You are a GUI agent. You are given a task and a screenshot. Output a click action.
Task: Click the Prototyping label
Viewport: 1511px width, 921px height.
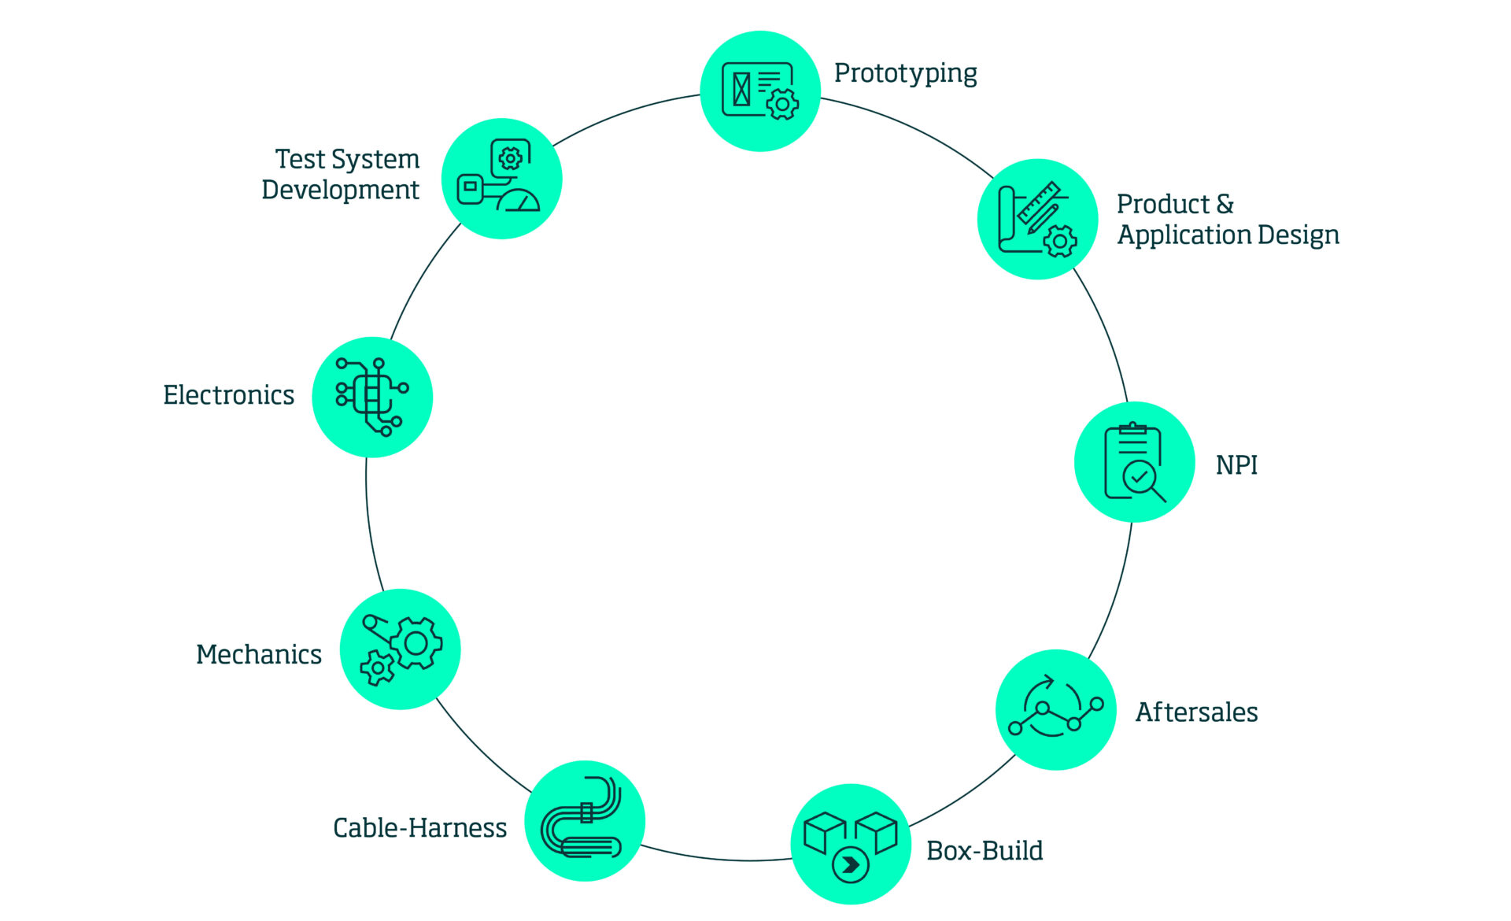point(905,73)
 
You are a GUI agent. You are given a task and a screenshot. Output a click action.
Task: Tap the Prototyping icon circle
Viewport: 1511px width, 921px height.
point(760,91)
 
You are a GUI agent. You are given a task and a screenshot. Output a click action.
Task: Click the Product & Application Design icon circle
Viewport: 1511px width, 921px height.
point(1037,219)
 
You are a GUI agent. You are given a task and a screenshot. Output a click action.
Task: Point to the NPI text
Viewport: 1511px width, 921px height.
point(1236,465)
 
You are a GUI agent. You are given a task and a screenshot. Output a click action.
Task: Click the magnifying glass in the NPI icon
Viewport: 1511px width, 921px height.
point(1143,480)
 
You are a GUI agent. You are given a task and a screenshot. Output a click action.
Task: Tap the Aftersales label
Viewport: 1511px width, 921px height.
point(1196,712)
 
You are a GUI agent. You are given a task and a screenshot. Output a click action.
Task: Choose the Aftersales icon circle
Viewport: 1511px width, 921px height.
point(1056,709)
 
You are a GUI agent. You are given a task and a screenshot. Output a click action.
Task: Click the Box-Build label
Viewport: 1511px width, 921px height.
point(985,851)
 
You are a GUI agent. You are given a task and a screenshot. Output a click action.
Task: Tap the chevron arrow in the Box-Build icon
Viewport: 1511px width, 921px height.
point(851,865)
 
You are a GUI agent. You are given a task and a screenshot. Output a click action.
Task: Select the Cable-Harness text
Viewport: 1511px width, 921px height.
point(419,828)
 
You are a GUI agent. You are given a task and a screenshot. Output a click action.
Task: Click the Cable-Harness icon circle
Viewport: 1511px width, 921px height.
point(585,820)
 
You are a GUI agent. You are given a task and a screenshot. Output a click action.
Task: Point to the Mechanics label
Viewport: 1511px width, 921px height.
point(259,655)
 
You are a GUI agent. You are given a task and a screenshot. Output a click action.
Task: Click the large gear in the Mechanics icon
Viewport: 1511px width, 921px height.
point(416,644)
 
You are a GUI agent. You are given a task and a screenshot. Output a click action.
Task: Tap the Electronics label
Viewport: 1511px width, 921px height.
point(228,395)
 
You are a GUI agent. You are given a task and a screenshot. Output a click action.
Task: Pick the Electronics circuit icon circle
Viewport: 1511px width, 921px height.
point(372,397)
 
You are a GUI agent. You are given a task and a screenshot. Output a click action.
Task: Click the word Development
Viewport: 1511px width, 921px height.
point(340,190)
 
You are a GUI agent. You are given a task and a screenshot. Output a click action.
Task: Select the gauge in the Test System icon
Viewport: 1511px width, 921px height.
point(519,200)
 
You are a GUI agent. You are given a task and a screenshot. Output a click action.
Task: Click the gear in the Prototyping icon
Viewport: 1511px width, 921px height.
point(782,104)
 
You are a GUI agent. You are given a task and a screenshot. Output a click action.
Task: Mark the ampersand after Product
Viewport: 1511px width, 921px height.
point(1225,205)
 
